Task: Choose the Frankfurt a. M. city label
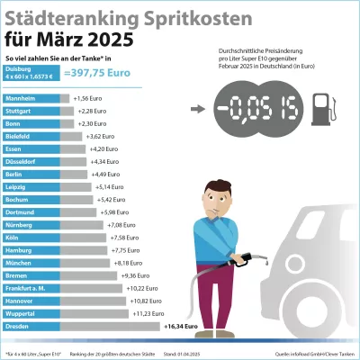pos(27,288)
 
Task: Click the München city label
pos(21,263)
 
